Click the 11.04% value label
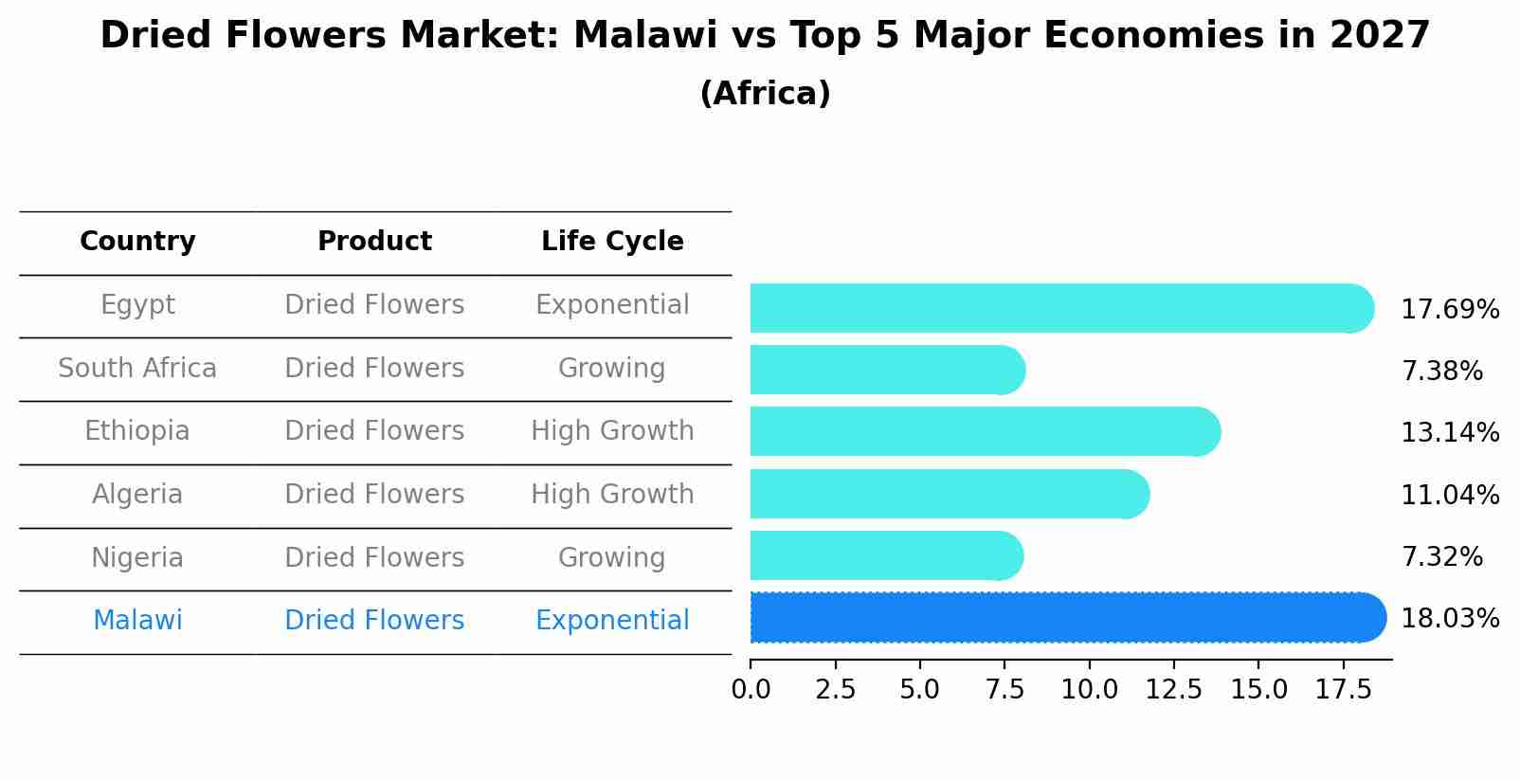(1449, 496)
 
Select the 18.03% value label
(1449, 619)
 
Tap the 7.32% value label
(1441, 557)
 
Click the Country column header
(137, 242)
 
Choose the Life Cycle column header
(612, 242)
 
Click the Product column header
(374, 242)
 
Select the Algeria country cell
(137, 495)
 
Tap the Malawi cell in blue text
(137, 621)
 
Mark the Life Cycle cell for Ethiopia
(612, 431)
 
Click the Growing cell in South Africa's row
(612, 369)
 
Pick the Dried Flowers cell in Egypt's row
(374, 305)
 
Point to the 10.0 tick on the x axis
(1089, 690)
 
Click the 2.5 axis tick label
(835, 690)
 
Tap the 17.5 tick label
(1343, 690)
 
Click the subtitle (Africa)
(765, 94)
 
